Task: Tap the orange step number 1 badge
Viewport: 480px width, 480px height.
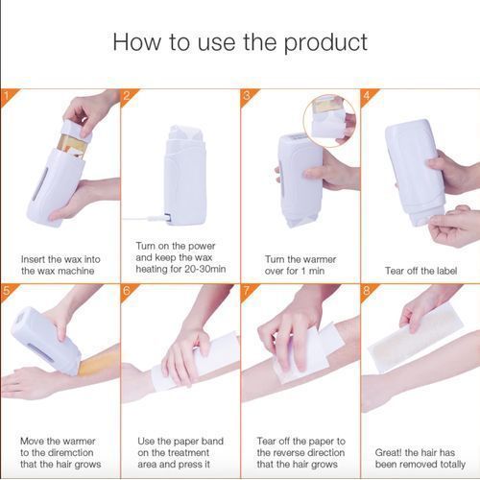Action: coord(7,95)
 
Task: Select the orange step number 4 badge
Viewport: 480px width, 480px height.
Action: coord(366,95)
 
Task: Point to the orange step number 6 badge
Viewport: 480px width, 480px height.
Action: coord(127,290)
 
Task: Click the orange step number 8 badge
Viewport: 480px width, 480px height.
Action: coord(366,290)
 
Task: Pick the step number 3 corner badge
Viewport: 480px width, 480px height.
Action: coord(247,95)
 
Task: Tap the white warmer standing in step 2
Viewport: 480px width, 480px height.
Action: coord(182,173)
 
